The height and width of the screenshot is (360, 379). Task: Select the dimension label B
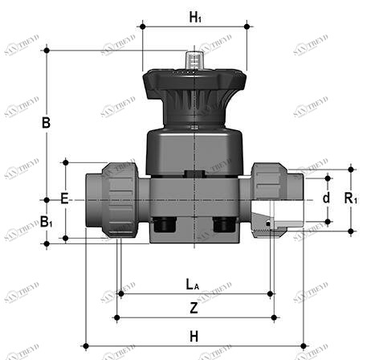(46, 123)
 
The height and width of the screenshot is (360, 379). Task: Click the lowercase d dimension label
(326, 198)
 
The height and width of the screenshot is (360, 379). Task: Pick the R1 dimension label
(351, 198)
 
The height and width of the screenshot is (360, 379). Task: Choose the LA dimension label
(193, 283)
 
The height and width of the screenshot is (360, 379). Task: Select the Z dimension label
(194, 307)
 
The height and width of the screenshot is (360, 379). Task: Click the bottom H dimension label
(194, 336)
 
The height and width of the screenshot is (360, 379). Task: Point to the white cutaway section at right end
(287, 217)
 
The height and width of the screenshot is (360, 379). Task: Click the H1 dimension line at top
(194, 27)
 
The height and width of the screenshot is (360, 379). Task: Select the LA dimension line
(194, 293)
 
